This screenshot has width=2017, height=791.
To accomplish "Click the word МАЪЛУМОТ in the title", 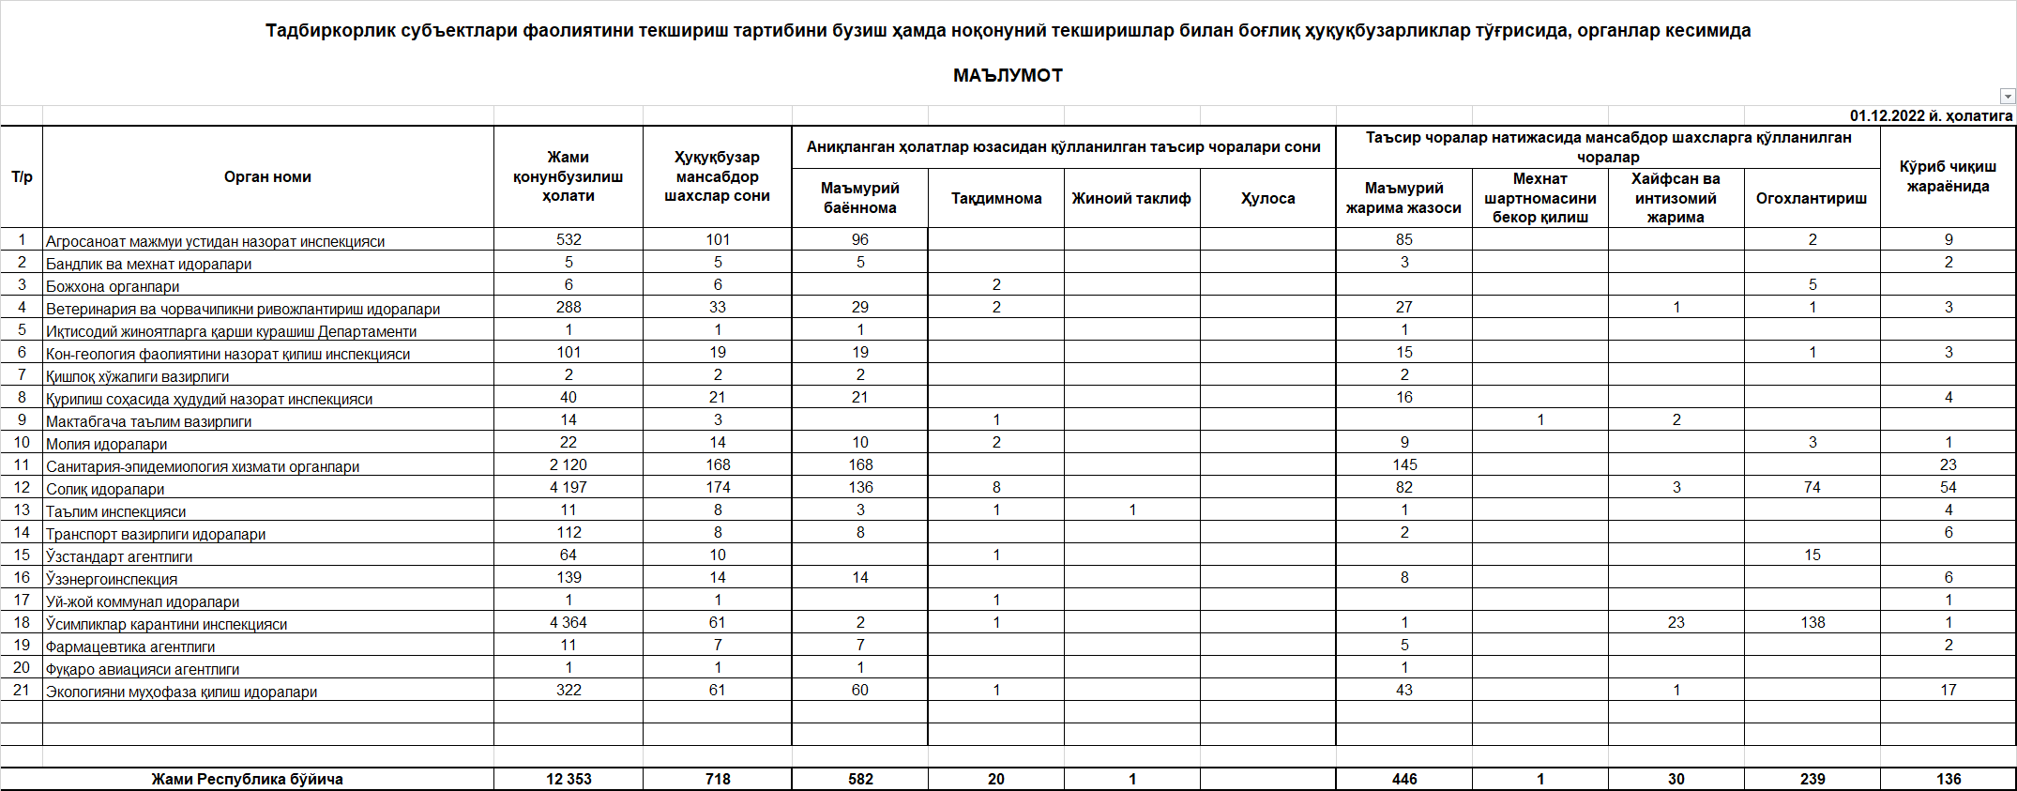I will pyautogui.click(x=1008, y=76).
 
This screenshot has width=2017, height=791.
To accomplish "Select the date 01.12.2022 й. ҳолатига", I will pyautogui.click(x=1931, y=116).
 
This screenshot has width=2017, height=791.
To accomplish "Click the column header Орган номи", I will pyautogui.click(x=267, y=176).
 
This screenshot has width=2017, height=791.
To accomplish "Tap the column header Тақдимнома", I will pyautogui.click(x=996, y=198).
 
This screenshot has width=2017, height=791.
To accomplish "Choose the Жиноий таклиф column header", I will pyautogui.click(x=1131, y=198).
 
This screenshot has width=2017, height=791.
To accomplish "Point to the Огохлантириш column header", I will pyautogui.click(x=1812, y=198).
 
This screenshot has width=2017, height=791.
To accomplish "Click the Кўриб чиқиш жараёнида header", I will pyautogui.click(x=1948, y=176).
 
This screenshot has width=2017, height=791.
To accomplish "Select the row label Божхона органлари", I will pyautogui.click(x=113, y=286).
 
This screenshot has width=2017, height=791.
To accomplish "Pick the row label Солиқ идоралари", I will pyautogui.click(x=105, y=489).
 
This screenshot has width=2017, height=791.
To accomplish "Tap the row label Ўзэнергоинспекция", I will pyautogui.click(x=112, y=579).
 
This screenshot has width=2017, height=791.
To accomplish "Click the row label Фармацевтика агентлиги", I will pyautogui.click(x=130, y=646).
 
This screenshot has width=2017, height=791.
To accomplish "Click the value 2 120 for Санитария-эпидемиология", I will pyautogui.click(x=569, y=464).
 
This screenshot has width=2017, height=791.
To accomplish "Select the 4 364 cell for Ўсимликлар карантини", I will pyautogui.click(x=569, y=622).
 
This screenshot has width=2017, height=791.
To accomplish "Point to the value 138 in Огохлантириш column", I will pyautogui.click(x=1812, y=622).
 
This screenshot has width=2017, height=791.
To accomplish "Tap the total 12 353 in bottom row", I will pyautogui.click(x=569, y=779).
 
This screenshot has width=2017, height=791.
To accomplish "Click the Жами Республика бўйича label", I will pyautogui.click(x=247, y=779).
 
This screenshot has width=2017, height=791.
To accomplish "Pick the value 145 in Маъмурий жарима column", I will pyautogui.click(x=1404, y=464).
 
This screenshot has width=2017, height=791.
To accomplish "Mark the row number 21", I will pyautogui.click(x=22, y=690).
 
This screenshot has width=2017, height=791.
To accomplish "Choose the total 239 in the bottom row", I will pyautogui.click(x=1812, y=779).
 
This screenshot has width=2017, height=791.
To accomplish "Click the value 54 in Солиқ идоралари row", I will pyautogui.click(x=1949, y=487).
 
